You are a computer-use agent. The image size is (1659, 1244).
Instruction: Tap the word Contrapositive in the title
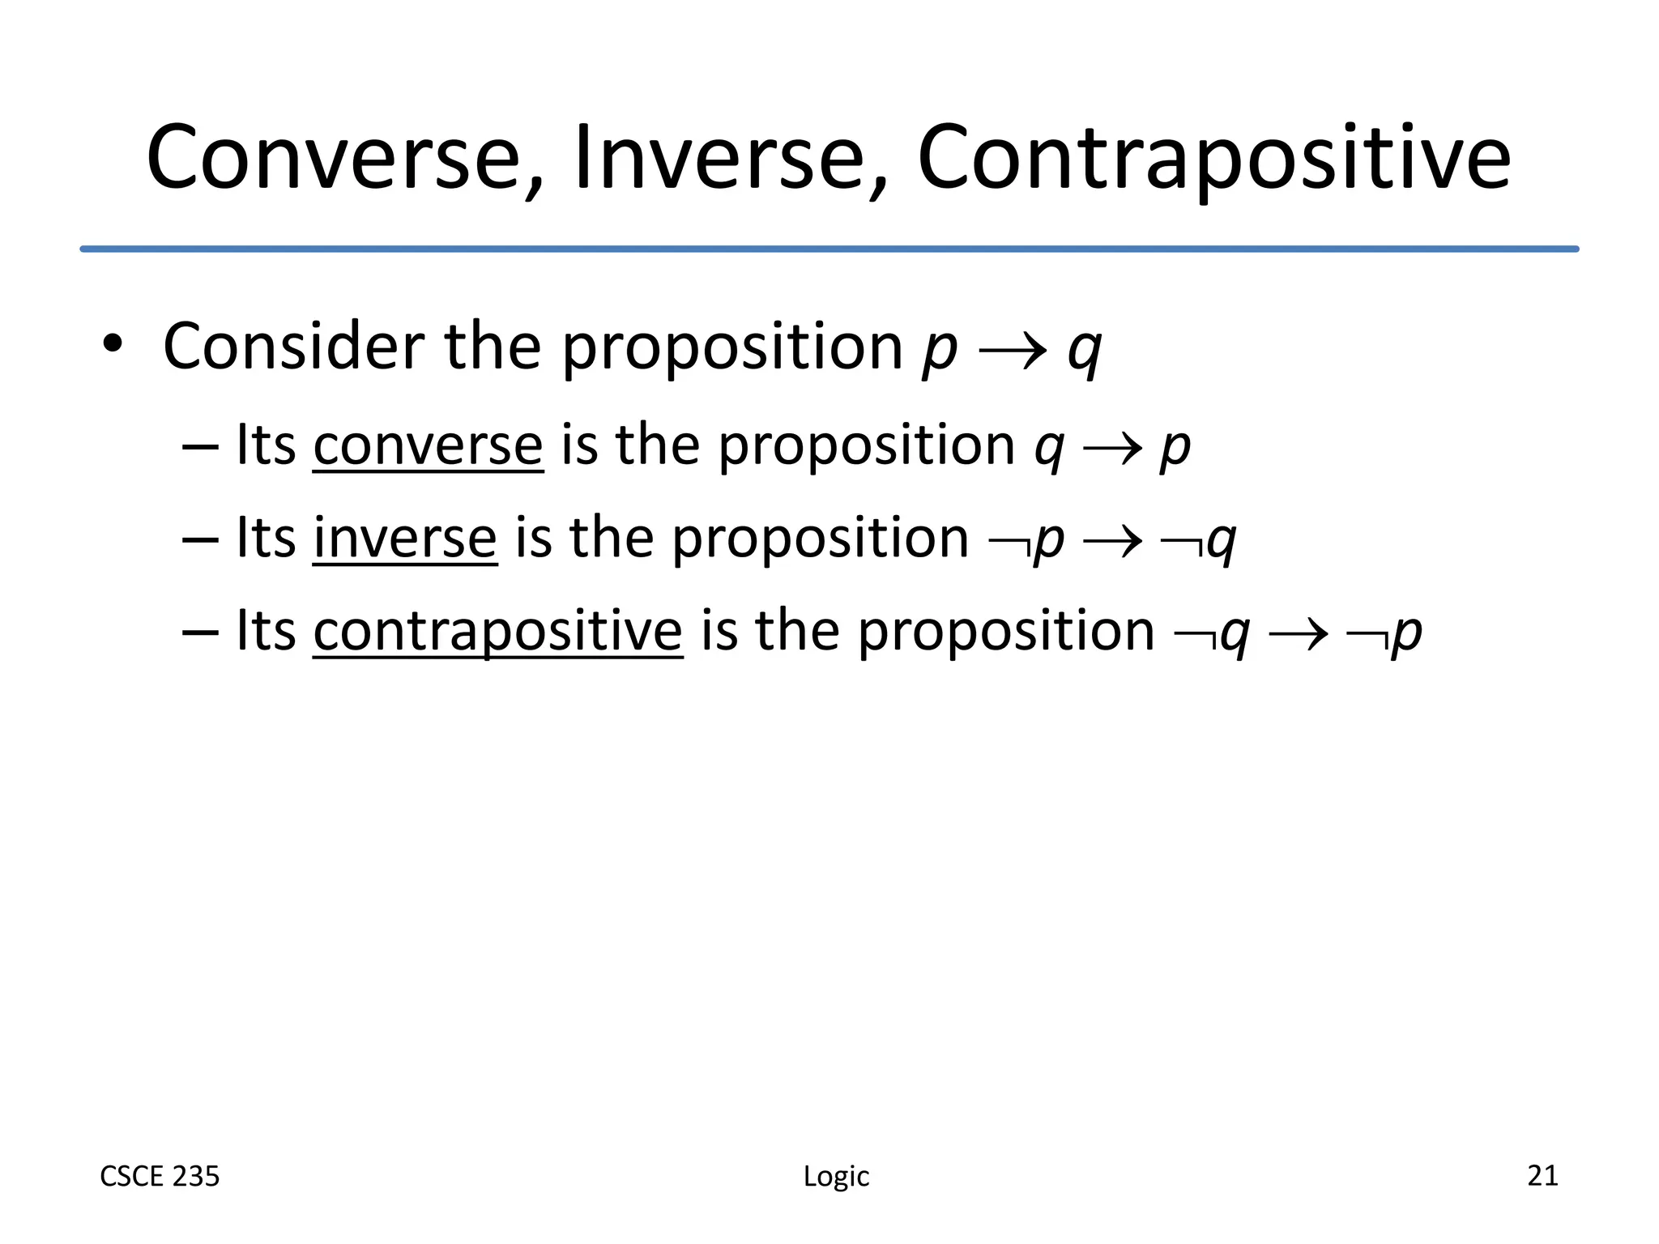click(1213, 158)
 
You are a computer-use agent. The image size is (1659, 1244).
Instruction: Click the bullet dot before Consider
click(113, 345)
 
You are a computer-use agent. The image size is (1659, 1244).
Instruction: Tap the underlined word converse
click(428, 445)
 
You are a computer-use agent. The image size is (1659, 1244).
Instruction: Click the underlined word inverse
click(404, 539)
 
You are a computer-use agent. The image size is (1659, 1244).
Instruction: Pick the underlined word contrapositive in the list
click(497, 631)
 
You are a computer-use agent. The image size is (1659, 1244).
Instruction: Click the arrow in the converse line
click(1112, 450)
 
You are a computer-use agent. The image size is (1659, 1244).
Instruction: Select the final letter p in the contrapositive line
click(1406, 633)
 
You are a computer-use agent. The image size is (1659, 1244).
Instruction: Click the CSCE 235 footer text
click(160, 1176)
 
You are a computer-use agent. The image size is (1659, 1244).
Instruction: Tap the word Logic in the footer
click(836, 1176)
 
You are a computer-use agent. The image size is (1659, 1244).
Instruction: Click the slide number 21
click(1542, 1175)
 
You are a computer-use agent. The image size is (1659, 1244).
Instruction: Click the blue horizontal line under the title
click(829, 249)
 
